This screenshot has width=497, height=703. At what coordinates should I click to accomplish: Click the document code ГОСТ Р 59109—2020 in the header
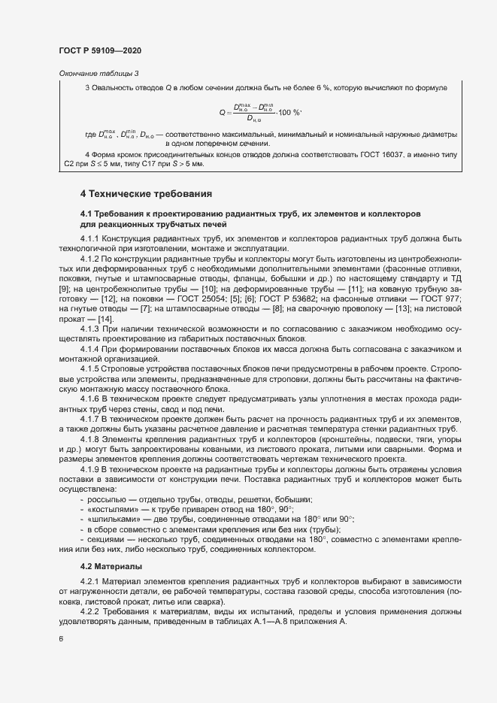[x=99, y=50]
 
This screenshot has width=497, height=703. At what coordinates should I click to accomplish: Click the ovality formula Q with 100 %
[x=259, y=112]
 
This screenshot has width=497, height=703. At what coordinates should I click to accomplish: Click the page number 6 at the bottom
[x=60, y=639]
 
